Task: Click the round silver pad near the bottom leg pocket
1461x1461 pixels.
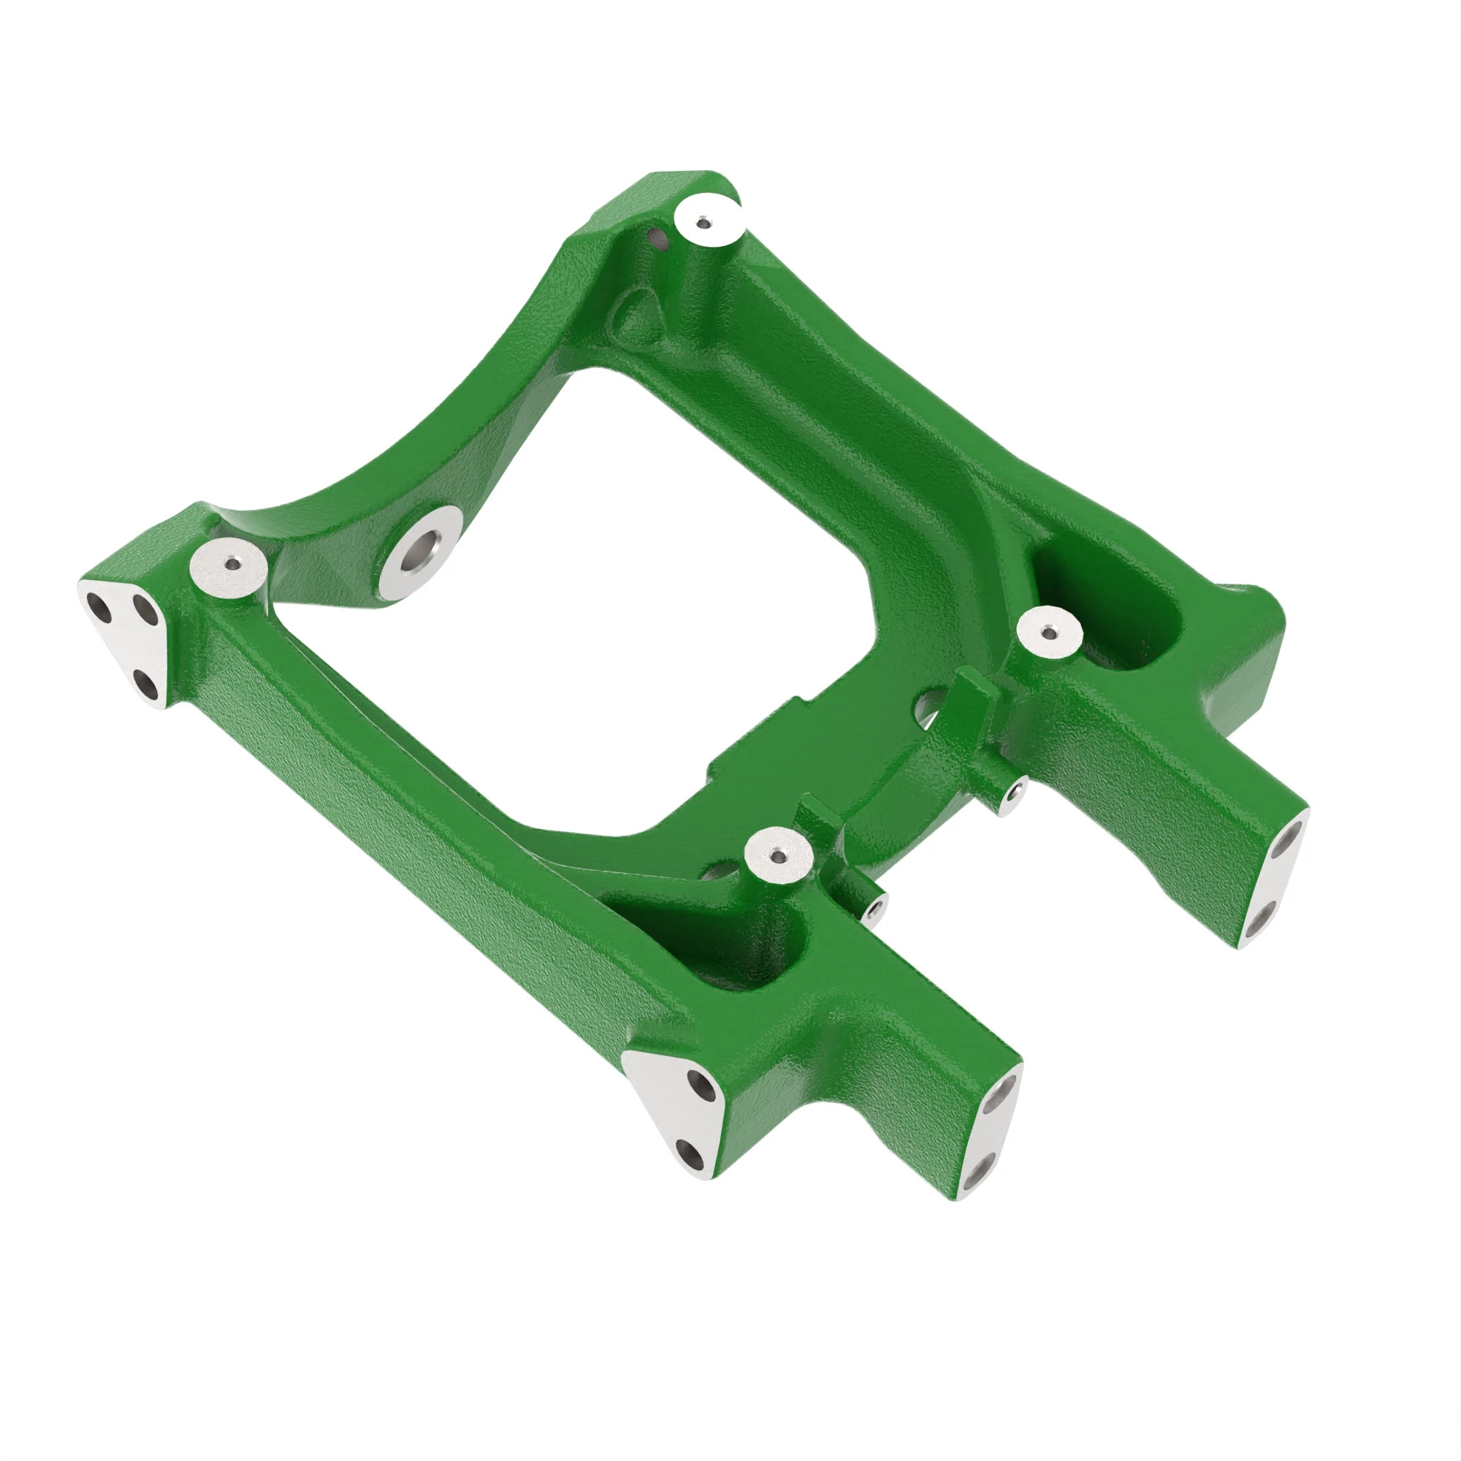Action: pos(779,855)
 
